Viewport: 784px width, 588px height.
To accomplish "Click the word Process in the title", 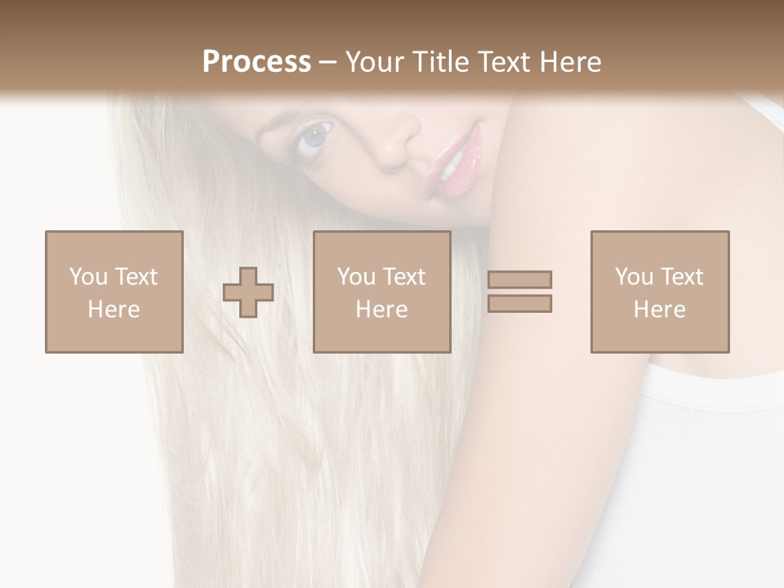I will [256, 62].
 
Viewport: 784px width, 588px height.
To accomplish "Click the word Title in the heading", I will [443, 62].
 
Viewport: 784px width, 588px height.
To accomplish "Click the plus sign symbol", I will [248, 292].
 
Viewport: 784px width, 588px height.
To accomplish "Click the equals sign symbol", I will [519, 292].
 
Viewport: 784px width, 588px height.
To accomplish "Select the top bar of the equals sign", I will [519, 280].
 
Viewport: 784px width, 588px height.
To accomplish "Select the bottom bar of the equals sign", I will [519, 303].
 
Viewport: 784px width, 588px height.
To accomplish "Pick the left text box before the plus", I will [114, 292].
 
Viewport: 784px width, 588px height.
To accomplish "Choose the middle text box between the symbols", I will [381, 292].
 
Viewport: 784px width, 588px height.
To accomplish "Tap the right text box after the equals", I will [659, 292].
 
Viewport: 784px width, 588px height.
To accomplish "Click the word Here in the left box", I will [114, 310].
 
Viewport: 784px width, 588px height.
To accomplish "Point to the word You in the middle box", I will [356, 277].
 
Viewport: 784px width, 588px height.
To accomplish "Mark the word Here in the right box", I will [659, 310].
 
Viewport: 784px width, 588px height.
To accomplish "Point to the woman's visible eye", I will [314, 137].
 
